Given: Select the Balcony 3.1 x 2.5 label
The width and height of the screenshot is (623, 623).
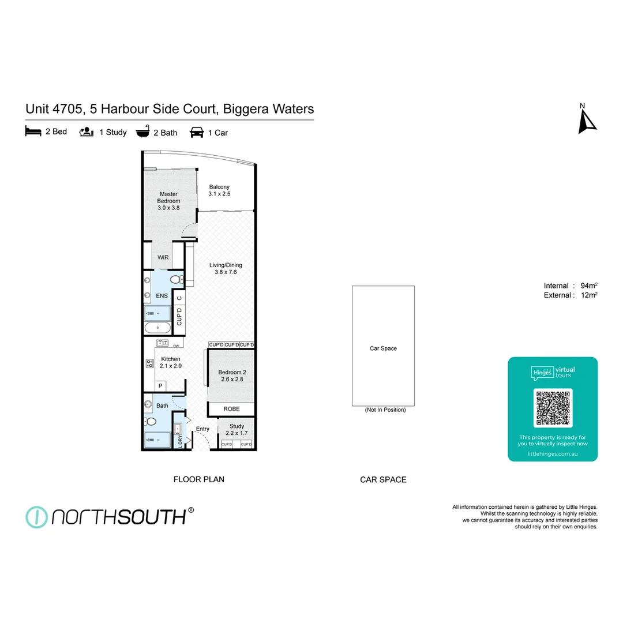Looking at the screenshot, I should (x=219, y=190).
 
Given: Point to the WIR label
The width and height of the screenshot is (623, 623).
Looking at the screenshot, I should (x=163, y=257).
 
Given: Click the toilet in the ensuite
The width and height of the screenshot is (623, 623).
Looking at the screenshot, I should (x=176, y=280).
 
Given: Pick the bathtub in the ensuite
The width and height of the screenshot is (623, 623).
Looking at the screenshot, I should (x=157, y=328).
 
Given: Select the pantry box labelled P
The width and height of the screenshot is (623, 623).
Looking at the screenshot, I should (x=160, y=386).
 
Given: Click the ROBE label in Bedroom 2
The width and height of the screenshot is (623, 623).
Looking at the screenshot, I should (x=231, y=409).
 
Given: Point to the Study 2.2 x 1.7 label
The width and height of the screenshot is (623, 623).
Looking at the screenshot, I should (x=237, y=429).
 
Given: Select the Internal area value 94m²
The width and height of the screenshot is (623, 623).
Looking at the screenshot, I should (x=588, y=286).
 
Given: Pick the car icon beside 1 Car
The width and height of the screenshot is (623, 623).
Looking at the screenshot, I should (x=197, y=133).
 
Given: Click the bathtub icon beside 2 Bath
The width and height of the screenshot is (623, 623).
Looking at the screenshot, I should (x=142, y=132).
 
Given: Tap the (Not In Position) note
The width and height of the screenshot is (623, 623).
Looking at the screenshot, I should (x=385, y=410).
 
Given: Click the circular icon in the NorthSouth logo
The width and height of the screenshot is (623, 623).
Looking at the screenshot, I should (x=36, y=517).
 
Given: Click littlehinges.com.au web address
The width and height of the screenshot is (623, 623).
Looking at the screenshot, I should (x=553, y=454).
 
